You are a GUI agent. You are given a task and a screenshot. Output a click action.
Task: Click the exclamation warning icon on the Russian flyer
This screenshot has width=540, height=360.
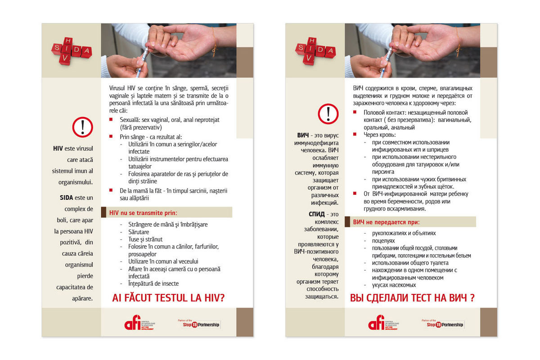click(328, 114)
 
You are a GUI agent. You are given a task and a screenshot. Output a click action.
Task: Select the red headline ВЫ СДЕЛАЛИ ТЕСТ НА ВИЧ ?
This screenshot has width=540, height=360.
click(412, 297)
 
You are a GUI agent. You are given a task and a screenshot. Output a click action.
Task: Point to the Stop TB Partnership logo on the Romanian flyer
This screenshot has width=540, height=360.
click(199, 324)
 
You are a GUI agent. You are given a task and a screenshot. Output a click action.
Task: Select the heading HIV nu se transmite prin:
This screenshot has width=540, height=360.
click(143, 212)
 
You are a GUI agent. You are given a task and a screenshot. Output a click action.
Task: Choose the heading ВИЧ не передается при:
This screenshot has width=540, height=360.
click(386, 222)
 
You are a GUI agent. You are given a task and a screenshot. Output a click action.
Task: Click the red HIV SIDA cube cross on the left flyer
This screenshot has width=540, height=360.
click(70, 51)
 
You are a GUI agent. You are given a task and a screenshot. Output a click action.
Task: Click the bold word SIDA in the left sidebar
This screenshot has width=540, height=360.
click(70, 198)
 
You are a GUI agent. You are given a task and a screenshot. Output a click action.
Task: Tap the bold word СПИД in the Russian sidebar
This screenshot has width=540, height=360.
click(318, 214)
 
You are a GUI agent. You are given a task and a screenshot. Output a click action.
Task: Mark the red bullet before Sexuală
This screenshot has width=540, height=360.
click(111, 120)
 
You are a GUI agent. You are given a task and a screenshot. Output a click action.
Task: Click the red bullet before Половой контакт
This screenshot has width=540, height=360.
click(355, 112)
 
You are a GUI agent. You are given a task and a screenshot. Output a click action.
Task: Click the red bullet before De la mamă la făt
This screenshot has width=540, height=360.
click(111, 190)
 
